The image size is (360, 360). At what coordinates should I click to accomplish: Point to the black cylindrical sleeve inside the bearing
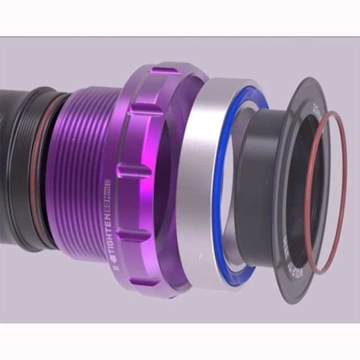(256, 180)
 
